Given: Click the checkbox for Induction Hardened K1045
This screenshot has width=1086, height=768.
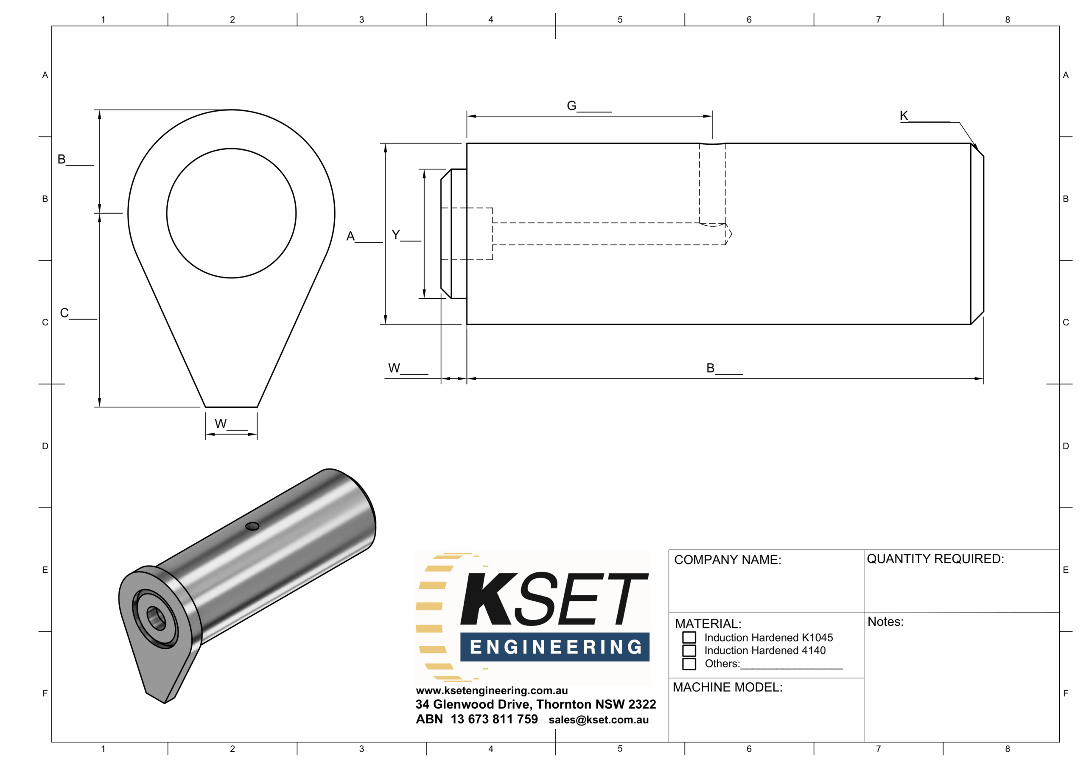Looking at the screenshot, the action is pyautogui.click(x=689, y=637).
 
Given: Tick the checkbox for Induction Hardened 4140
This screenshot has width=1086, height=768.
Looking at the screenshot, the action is pyautogui.click(x=689, y=650).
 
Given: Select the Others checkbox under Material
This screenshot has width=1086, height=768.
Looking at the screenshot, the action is pyautogui.click(x=689, y=664).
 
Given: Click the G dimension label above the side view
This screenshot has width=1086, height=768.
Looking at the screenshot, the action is pyautogui.click(x=571, y=106).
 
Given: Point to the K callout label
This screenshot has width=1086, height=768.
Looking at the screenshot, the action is pyautogui.click(x=904, y=115).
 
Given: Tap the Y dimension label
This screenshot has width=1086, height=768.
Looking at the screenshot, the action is pyautogui.click(x=396, y=235).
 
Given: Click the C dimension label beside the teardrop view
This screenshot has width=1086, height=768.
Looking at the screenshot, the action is pyautogui.click(x=64, y=313).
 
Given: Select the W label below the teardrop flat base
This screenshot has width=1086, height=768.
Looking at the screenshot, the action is pyautogui.click(x=221, y=423).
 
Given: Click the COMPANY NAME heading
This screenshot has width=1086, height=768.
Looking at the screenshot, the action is pyautogui.click(x=728, y=560).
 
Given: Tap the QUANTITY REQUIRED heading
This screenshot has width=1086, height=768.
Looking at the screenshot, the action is pyautogui.click(x=935, y=559).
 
